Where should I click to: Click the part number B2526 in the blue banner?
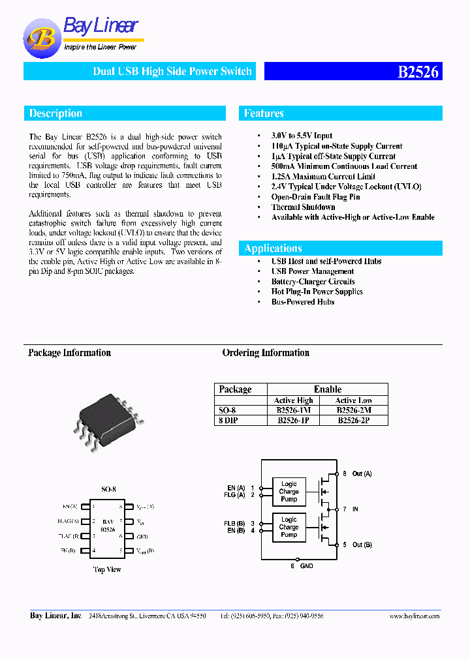(x=418, y=72)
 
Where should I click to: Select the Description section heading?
(x=55, y=113)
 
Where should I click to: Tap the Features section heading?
(x=264, y=113)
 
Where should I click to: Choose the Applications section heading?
(x=273, y=248)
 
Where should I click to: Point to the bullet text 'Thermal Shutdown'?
(x=303, y=207)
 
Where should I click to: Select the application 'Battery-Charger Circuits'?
(x=313, y=282)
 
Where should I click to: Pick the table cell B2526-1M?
(x=293, y=410)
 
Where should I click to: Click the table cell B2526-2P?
(x=353, y=421)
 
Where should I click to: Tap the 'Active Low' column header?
(x=354, y=400)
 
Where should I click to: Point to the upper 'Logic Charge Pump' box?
(x=289, y=492)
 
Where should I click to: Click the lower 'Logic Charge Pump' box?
(x=289, y=527)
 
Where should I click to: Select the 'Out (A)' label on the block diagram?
(x=362, y=473)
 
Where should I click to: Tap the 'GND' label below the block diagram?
(x=306, y=566)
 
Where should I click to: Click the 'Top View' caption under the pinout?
(x=107, y=569)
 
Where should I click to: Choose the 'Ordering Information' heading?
(x=266, y=353)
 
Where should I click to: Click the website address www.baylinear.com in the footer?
(x=414, y=616)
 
